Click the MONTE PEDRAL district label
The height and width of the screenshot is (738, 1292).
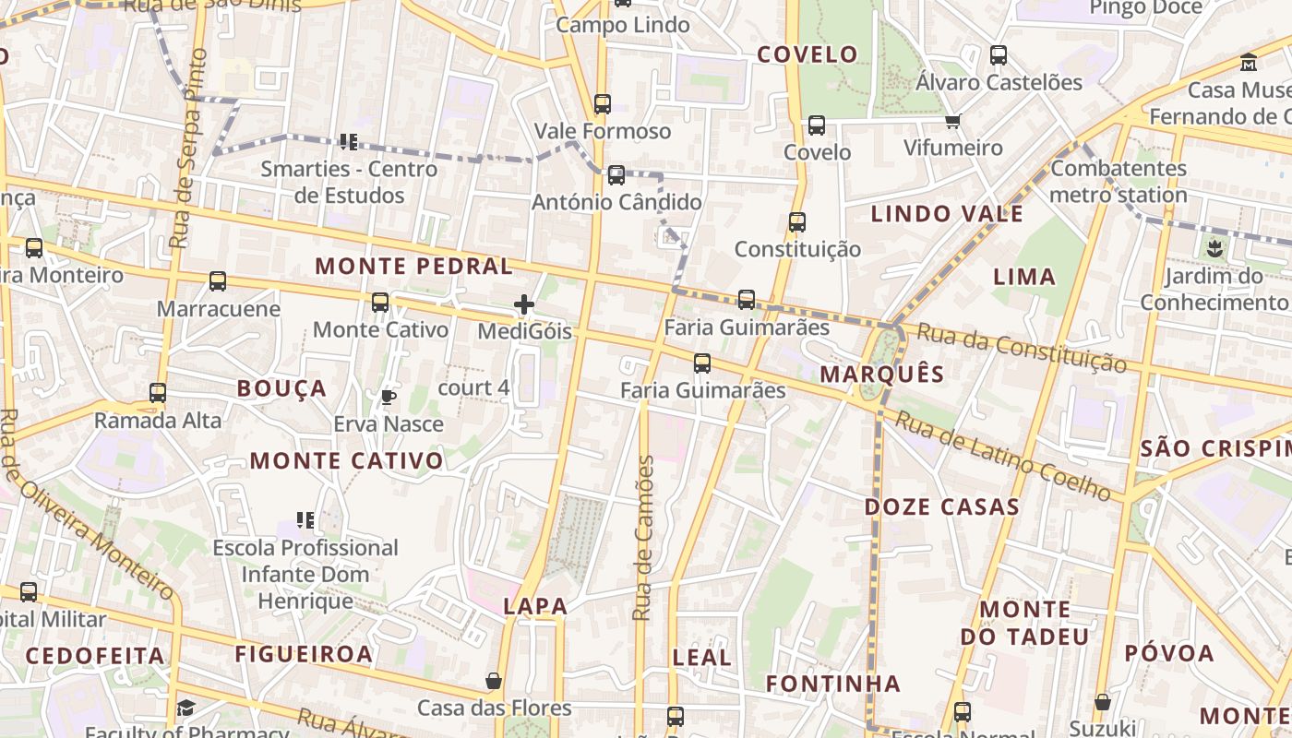pos(413,267)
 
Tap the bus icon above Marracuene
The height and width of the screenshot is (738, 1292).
pos(218,281)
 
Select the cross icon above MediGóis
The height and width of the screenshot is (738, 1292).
pos(524,304)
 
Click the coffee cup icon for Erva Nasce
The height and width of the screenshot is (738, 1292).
pos(389,398)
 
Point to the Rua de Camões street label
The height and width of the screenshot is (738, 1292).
pos(643,538)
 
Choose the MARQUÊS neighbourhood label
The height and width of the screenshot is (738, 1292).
pos(881,374)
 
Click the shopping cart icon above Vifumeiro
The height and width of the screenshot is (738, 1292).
pos(953,121)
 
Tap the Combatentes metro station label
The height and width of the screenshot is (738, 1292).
pos(1119,182)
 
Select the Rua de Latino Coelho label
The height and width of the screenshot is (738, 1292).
pos(1002,458)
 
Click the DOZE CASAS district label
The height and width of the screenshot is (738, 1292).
pos(941,506)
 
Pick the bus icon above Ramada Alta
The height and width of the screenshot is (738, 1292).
pos(158,393)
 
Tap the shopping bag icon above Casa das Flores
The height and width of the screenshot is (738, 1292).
pos(494,682)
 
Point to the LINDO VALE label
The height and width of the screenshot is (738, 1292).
pos(947,214)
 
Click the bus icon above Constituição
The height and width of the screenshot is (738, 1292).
pos(797,222)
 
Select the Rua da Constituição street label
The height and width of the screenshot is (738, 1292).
pos(1022,349)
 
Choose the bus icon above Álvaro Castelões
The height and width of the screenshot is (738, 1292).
pos(999,55)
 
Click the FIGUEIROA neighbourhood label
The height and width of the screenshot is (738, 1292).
pos(304,654)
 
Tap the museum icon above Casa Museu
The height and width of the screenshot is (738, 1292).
pos(1249,63)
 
